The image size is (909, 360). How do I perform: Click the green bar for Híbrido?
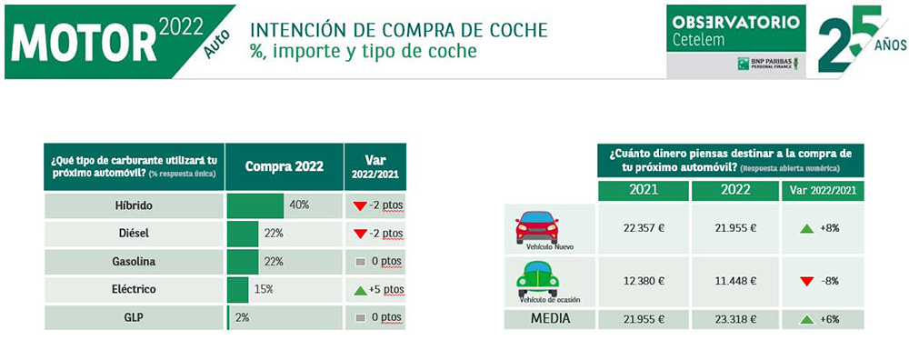(x=255, y=205)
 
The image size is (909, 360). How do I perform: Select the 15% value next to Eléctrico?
(x=264, y=289)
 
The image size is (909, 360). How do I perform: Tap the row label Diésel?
(x=134, y=234)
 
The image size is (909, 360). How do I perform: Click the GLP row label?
(x=134, y=317)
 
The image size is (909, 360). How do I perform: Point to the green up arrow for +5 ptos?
(x=361, y=290)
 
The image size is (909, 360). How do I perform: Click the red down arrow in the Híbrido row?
(x=360, y=206)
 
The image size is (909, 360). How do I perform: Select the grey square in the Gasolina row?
(x=361, y=262)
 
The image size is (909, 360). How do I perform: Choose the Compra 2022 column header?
(x=284, y=167)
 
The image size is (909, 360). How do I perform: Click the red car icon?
(x=536, y=225)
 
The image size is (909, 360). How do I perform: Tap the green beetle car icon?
(x=536, y=277)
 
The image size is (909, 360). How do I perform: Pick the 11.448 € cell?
(x=734, y=282)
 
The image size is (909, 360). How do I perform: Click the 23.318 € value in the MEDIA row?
(x=734, y=319)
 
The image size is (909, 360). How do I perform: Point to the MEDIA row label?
(x=550, y=318)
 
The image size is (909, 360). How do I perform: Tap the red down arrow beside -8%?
(x=806, y=282)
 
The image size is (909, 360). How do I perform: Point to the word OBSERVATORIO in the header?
(x=735, y=21)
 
